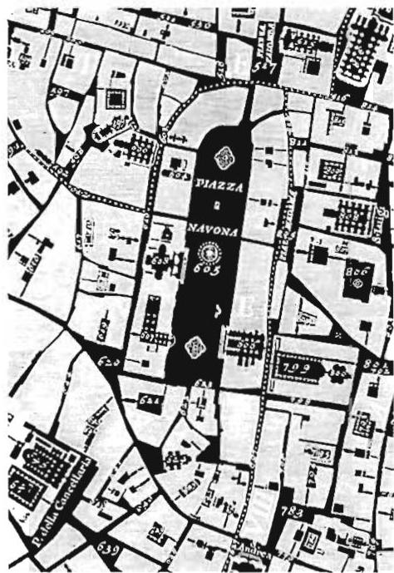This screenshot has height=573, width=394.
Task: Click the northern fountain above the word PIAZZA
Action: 224,156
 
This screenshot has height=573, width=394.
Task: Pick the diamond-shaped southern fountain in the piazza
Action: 196,347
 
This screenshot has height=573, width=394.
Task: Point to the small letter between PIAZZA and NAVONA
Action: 214,208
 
